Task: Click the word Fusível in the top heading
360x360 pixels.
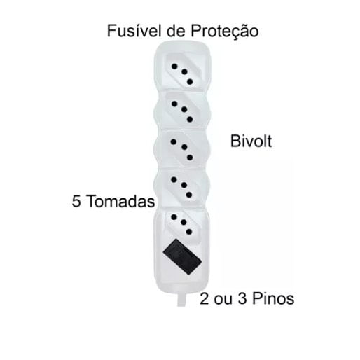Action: click(x=134, y=31)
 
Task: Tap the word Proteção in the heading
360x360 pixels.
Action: click(x=225, y=32)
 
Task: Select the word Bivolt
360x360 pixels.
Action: click(x=251, y=141)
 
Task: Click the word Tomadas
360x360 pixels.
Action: click(x=120, y=201)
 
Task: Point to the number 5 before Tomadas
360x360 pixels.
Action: click(x=76, y=201)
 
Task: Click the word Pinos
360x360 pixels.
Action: click(x=273, y=298)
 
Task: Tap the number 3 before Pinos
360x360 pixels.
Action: click(x=242, y=298)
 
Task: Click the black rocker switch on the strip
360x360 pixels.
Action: click(x=182, y=257)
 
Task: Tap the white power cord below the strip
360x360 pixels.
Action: click(x=181, y=300)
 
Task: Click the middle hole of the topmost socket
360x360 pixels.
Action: click(x=184, y=71)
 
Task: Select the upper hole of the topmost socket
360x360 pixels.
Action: click(x=174, y=67)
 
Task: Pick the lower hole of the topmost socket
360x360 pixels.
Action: click(x=190, y=82)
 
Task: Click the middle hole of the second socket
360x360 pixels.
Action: click(x=184, y=109)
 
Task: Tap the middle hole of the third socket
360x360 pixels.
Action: click(x=184, y=147)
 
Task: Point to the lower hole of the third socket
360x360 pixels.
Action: click(x=190, y=158)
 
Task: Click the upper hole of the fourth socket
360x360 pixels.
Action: click(x=174, y=179)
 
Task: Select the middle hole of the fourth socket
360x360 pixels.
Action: click(x=184, y=185)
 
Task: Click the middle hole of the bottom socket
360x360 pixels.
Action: click(x=184, y=222)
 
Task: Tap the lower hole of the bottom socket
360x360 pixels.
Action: click(x=189, y=232)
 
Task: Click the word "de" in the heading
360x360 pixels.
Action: click(x=176, y=31)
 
